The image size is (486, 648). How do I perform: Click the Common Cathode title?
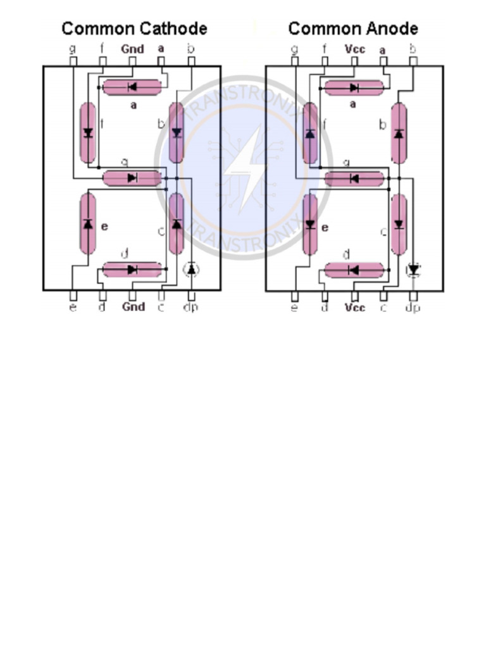134,28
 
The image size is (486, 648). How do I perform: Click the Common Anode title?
352,28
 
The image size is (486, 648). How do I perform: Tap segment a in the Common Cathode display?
132,87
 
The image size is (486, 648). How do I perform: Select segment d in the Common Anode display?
354,270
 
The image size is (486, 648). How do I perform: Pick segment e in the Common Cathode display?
88,223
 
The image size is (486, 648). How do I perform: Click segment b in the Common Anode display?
399,133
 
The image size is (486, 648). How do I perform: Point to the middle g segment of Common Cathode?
132,178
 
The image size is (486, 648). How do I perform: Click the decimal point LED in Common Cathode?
191,270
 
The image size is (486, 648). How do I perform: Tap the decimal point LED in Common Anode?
413,270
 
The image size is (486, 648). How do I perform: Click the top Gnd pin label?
132,49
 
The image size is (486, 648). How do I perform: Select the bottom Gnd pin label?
133,307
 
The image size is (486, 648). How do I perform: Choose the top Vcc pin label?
354,49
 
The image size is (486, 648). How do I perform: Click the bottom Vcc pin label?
355,308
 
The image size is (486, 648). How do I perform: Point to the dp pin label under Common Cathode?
190,308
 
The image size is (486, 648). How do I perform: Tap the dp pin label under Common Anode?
413,308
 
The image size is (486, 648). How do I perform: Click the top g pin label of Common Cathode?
73,48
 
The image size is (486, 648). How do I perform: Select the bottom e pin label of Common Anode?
294,308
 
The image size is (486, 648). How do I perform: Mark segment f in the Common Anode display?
310,133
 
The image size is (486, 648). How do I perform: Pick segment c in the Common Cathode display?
177,223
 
